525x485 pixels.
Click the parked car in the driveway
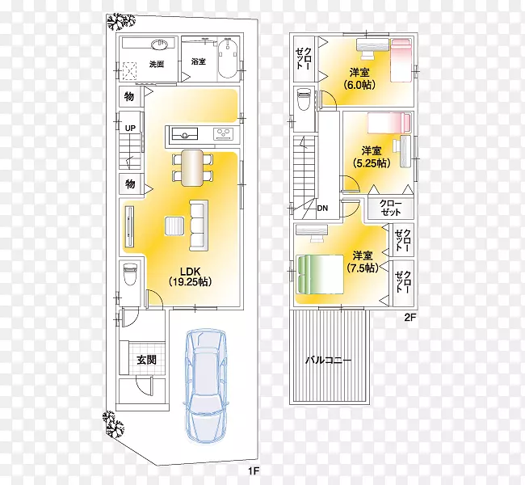206,386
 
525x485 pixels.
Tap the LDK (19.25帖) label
190,276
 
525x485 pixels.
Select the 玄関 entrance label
146,360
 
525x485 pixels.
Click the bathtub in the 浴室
228,59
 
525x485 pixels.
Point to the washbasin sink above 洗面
160,44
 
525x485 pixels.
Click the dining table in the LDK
192,167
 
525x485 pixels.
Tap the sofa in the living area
199,226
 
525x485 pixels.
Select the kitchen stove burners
224,133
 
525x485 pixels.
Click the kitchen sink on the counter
184,134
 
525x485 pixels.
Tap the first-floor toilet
130,273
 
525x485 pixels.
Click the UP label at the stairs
130,128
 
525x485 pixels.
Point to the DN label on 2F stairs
322,208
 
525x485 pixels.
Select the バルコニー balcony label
329,361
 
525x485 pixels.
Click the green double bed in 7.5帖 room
320,275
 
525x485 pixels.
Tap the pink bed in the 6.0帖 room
401,60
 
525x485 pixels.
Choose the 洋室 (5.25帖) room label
372,157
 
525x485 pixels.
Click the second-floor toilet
304,99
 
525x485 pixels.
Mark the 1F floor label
254,471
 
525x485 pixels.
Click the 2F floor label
410,317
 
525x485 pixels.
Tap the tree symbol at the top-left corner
120,23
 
